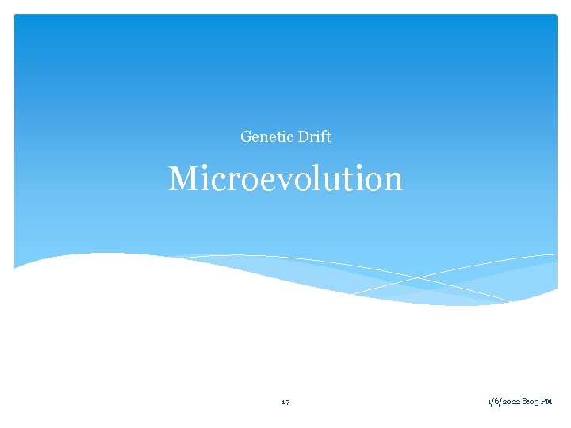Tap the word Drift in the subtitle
(315, 137)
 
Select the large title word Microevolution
(285, 179)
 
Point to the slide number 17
(285, 403)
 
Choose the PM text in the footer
(546, 403)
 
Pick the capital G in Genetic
(246, 137)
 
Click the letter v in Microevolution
(301, 181)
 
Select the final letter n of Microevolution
(393, 181)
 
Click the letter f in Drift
(323, 137)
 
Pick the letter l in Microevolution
(332, 179)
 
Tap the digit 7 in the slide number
(287, 403)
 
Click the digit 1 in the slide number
(283, 403)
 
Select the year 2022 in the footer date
(509, 403)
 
